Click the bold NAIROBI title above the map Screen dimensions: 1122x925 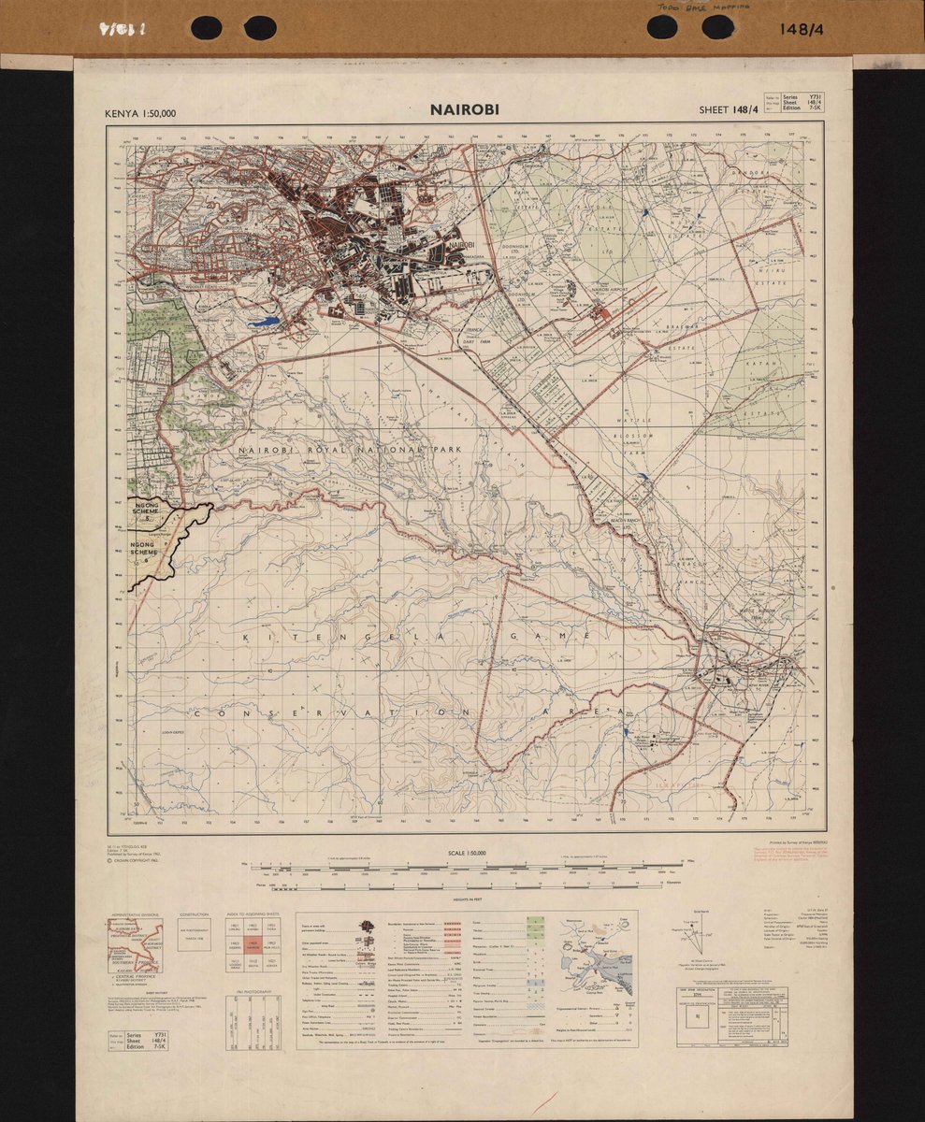coord(465,109)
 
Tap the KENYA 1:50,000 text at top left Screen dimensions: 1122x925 coord(141,114)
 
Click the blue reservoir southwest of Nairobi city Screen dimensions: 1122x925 coord(264,322)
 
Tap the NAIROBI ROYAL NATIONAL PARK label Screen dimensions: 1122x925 coord(351,451)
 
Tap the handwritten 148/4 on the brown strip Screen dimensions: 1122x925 coord(799,29)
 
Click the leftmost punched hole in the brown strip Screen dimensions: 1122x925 coord(206,28)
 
